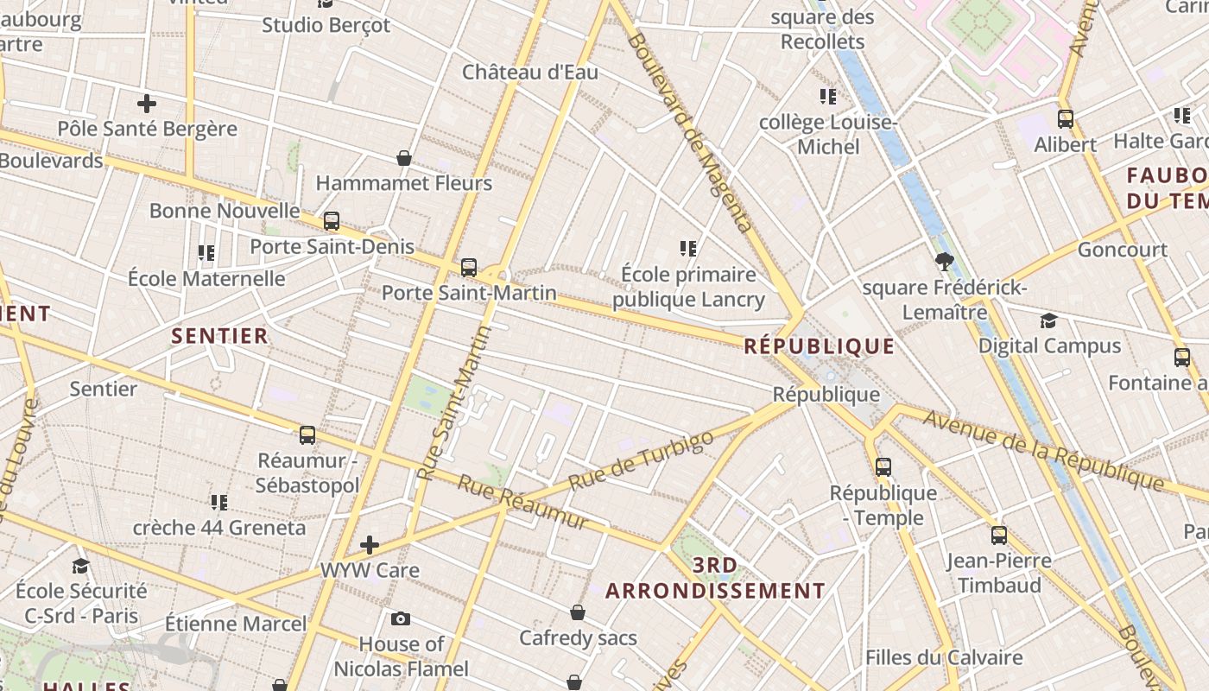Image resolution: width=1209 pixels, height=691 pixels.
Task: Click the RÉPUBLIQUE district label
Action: click(819, 346)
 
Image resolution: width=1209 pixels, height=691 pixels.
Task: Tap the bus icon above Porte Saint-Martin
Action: click(469, 268)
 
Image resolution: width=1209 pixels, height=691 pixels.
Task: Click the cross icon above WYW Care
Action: click(370, 545)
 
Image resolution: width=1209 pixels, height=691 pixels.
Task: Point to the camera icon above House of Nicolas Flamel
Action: click(400, 618)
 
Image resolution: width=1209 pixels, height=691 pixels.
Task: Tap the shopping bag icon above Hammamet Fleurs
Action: click(403, 158)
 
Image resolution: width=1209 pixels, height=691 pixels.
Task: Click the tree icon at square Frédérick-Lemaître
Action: click(944, 261)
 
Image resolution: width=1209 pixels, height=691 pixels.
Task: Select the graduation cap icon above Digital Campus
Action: click(1048, 320)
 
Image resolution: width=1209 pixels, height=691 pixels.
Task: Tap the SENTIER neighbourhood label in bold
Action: click(219, 336)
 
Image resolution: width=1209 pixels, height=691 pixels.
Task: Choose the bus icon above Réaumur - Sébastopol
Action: click(307, 435)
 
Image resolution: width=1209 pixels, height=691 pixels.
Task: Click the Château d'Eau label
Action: click(529, 72)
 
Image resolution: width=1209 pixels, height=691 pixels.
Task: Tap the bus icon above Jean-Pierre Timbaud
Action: click(999, 536)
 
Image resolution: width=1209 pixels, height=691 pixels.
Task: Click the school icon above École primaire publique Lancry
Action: click(688, 249)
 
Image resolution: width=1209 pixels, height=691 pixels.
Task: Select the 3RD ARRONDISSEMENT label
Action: click(715, 579)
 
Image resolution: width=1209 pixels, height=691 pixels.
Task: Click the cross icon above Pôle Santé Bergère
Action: click(147, 104)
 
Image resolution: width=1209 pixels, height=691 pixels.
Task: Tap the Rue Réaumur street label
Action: click(522, 503)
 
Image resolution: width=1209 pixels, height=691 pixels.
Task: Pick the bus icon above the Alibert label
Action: click(1066, 119)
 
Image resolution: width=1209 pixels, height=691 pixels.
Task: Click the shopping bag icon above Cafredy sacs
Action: click(578, 612)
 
